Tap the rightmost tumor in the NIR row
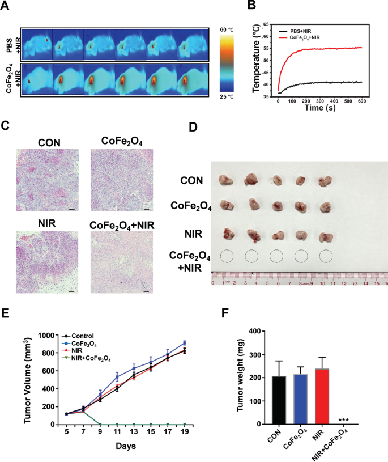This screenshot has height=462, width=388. (325, 236)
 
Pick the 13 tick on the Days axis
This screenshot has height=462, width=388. (134, 432)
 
